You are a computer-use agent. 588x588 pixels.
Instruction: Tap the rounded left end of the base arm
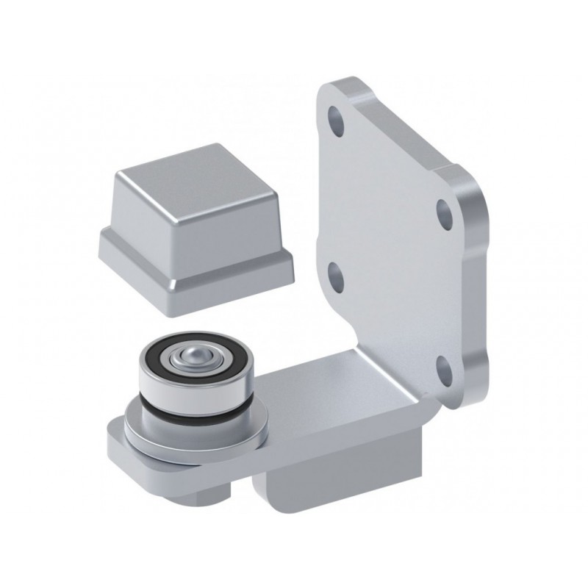pos(116,441)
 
